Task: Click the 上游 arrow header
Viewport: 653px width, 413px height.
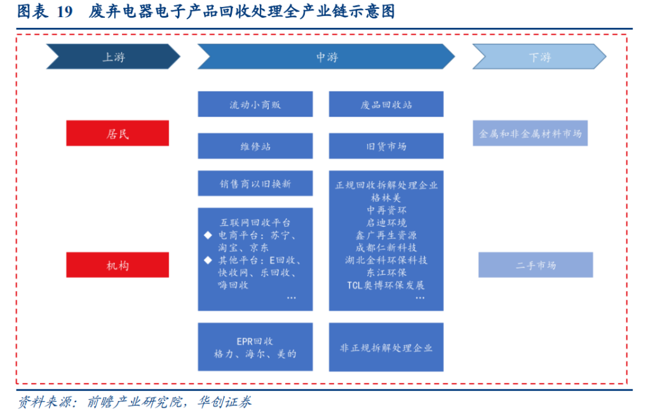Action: (x=113, y=57)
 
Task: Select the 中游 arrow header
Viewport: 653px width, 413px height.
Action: (x=326, y=57)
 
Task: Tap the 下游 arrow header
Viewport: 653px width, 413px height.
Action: (x=539, y=57)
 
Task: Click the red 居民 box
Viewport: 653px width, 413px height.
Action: (x=118, y=133)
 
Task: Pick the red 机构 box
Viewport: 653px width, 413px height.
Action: (x=118, y=265)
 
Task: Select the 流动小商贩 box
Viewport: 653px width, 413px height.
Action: (x=255, y=105)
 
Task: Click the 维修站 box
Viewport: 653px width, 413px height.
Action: (x=255, y=146)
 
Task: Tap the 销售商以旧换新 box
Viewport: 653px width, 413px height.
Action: (x=255, y=184)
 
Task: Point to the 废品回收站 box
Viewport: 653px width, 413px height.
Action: (x=386, y=105)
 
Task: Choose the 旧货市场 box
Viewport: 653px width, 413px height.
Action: (x=386, y=146)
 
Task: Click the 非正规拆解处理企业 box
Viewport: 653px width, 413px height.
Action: (x=386, y=348)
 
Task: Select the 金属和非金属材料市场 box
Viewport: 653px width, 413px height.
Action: (x=530, y=133)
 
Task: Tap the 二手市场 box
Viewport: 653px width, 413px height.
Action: (x=535, y=265)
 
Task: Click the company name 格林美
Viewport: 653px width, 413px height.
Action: (x=386, y=197)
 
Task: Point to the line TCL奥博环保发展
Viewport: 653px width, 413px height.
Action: (x=386, y=285)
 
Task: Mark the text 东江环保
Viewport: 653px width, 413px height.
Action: (x=386, y=272)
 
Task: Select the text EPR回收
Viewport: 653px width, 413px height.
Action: (x=255, y=341)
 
